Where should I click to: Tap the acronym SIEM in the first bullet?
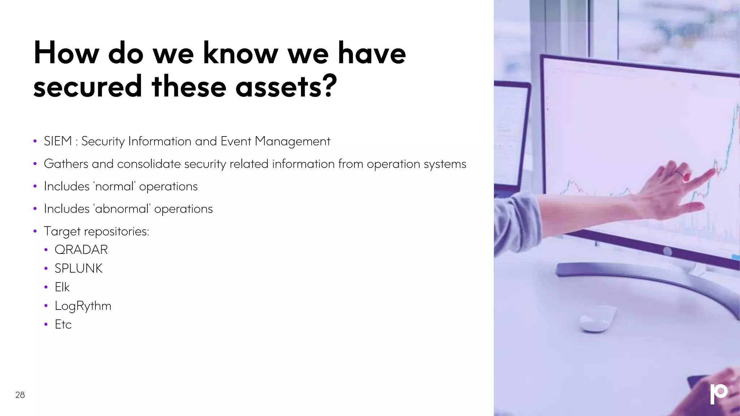click(58, 141)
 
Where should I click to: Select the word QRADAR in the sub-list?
click(81, 250)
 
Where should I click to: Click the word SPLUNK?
click(79, 269)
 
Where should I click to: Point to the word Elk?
click(62, 287)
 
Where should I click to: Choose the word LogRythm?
click(83, 306)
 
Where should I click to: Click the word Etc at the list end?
click(63, 325)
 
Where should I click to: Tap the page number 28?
click(20, 395)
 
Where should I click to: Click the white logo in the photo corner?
click(718, 394)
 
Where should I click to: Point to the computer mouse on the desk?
click(598, 318)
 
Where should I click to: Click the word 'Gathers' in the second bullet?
click(66, 164)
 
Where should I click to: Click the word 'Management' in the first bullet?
click(292, 141)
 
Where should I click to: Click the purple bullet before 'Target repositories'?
click(35, 231)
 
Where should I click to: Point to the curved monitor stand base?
click(650, 285)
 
